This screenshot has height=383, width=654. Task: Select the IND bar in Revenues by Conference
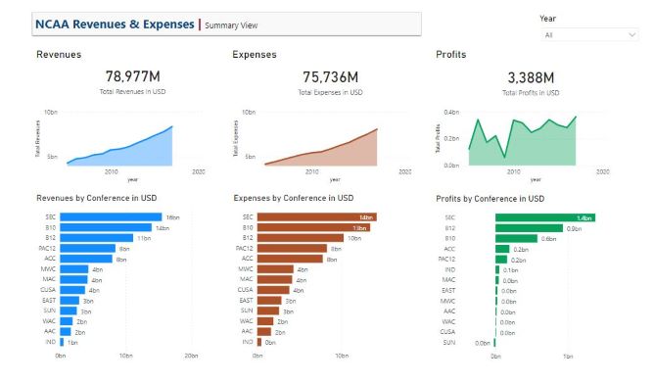click(x=62, y=342)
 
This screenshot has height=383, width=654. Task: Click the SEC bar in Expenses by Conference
click(x=317, y=216)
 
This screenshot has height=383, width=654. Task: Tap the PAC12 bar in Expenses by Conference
click(x=292, y=249)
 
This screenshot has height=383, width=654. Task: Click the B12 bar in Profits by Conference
click(x=517, y=238)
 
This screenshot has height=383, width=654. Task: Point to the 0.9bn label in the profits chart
click(x=574, y=228)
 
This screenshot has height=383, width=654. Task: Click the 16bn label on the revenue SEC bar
click(x=171, y=216)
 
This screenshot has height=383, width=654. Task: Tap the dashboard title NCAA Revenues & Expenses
click(x=114, y=24)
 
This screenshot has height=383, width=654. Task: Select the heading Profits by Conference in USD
click(x=490, y=199)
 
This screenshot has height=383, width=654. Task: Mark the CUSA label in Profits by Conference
click(x=449, y=332)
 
